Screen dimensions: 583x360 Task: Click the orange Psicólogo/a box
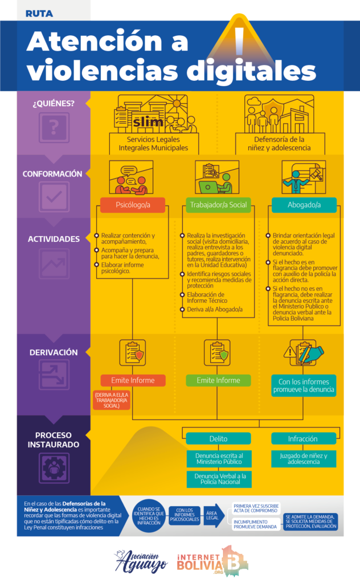pyautogui.click(x=132, y=205)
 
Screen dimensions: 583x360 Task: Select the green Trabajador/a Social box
pyautogui.click(x=218, y=205)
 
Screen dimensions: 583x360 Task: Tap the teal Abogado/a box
pyautogui.click(x=304, y=205)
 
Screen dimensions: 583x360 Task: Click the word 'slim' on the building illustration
pyautogui.click(x=148, y=122)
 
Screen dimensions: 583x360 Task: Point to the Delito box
pyautogui.click(x=218, y=438)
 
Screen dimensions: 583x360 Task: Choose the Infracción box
pyautogui.click(x=303, y=438)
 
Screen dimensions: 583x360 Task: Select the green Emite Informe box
pyautogui.click(x=218, y=380)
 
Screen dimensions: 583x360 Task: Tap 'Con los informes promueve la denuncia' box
pyautogui.click(x=304, y=385)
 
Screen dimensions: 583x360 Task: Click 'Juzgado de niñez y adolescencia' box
pyautogui.click(x=303, y=459)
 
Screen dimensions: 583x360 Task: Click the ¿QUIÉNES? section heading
pyautogui.click(x=54, y=104)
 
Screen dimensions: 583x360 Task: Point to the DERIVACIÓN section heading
pyautogui.click(x=54, y=352)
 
